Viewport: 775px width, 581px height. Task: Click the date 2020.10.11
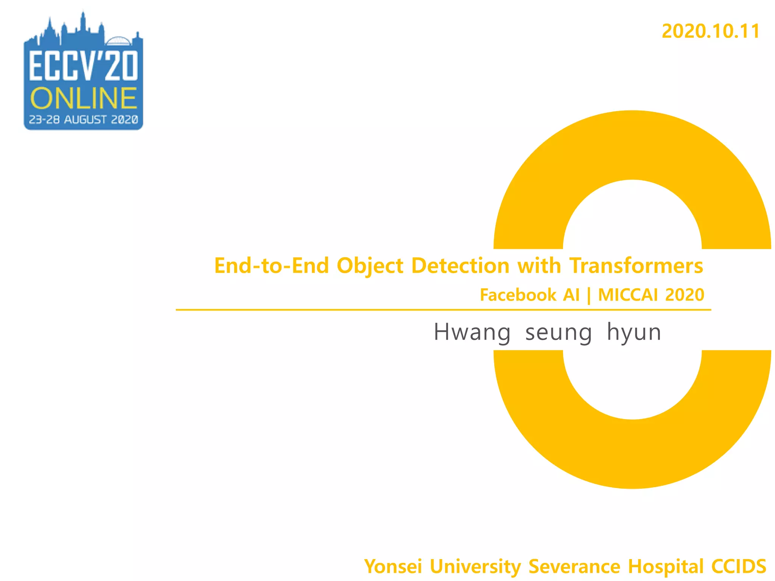pyautogui.click(x=710, y=31)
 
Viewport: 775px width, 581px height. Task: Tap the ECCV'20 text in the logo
pyautogui.click(x=84, y=66)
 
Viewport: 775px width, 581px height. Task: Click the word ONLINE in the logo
pyautogui.click(x=83, y=99)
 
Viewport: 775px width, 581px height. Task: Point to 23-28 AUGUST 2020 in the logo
pyautogui.click(x=83, y=120)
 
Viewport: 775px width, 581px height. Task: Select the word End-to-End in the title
pyautogui.click(x=271, y=266)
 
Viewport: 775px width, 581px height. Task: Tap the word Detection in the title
pyautogui.click(x=460, y=266)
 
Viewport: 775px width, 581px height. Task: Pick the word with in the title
pyautogui.click(x=539, y=266)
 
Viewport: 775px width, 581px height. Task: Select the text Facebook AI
pyautogui.click(x=529, y=295)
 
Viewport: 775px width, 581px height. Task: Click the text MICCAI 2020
pyautogui.click(x=651, y=295)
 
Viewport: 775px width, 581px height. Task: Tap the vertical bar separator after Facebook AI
pyautogui.click(x=589, y=296)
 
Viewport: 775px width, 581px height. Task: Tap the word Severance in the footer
pyautogui.click(x=574, y=567)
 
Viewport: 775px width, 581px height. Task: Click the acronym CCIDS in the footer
pyautogui.click(x=739, y=567)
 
